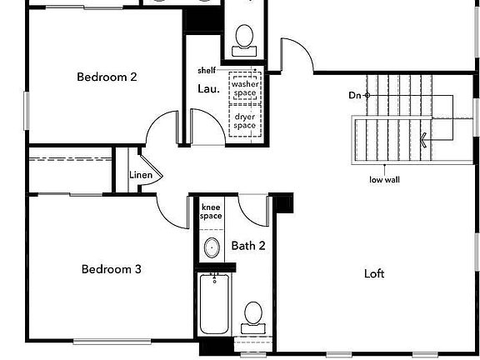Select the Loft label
tap(375, 273)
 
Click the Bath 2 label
tap(248, 246)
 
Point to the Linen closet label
tap(140, 175)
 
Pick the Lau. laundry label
tap(208, 89)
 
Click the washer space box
tap(244, 89)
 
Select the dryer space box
tap(244, 121)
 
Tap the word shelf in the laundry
tap(206, 70)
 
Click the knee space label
tap(211, 212)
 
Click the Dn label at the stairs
tap(355, 96)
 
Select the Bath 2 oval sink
tap(212, 247)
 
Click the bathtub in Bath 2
tap(213, 304)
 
